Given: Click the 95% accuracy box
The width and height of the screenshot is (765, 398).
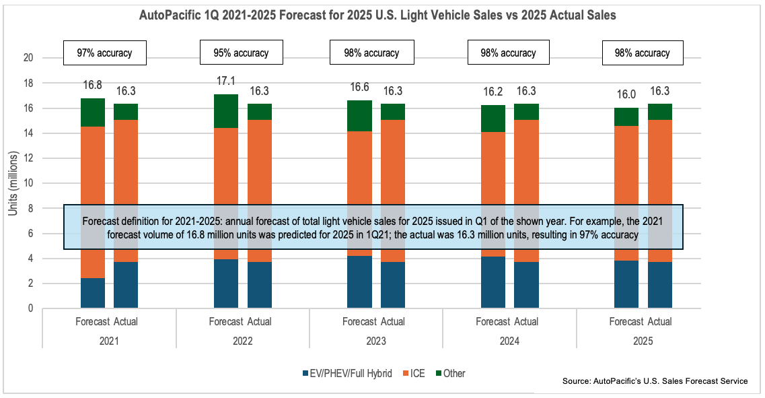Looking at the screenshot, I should [x=242, y=53].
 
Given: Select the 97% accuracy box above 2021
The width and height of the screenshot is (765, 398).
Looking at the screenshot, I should [x=105, y=53].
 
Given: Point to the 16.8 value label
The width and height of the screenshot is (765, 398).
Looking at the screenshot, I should [x=92, y=85].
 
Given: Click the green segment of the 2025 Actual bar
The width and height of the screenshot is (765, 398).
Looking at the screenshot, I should [x=660, y=112].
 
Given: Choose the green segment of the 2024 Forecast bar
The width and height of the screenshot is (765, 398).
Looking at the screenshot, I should [x=493, y=119].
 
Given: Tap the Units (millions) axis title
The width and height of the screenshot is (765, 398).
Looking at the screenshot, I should [x=13, y=183].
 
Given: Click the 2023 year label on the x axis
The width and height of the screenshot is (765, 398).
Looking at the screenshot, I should [x=375, y=341].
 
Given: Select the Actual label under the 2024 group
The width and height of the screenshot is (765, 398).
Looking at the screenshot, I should [x=527, y=321].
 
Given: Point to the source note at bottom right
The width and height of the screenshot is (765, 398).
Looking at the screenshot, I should [x=655, y=381].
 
